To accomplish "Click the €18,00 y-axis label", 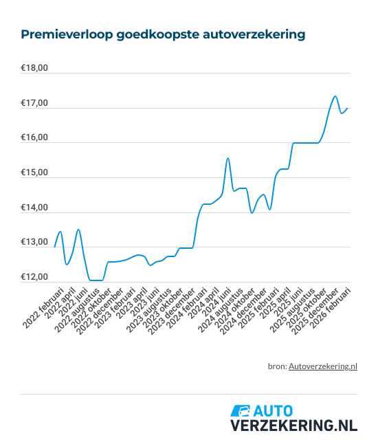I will pyautogui.click(x=34, y=69).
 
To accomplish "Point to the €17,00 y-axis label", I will pyautogui.click(x=34, y=103).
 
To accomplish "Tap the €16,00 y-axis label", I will pyautogui.click(x=34, y=138).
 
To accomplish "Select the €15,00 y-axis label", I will pyautogui.click(x=34, y=173).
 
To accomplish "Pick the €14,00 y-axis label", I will pyautogui.click(x=34, y=208).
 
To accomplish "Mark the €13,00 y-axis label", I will pyautogui.click(x=34, y=242).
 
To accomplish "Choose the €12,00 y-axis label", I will pyautogui.click(x=34, y=277).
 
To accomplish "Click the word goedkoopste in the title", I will pyautogui.click(x=145, y=33).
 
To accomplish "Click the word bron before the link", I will pyautogui.click(x=276, y=366).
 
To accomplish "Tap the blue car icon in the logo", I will pyautogui.click(x=241, y=411).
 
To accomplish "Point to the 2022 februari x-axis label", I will pyautogui.click(x=43, y=306).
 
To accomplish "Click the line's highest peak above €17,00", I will pyautogui.click(x=335, y=96).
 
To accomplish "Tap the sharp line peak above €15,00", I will pyautogui.click(x=227, y=158).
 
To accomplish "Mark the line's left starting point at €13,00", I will pyautogui.click(x=55, y=245).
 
